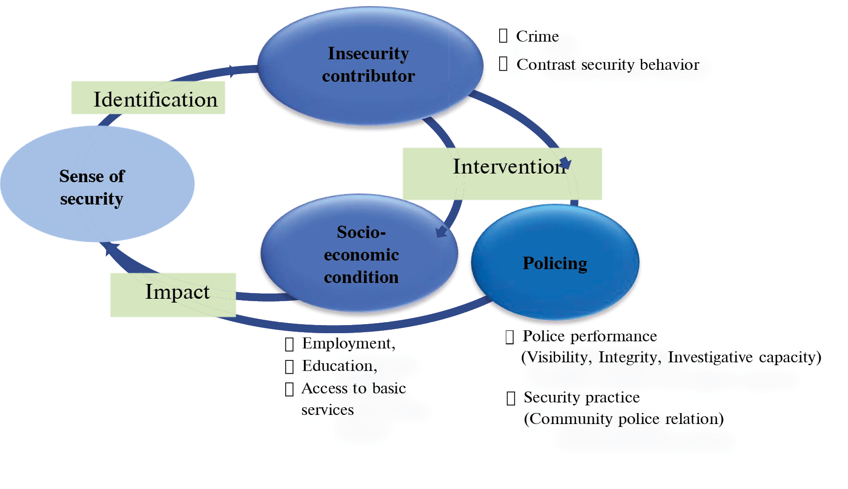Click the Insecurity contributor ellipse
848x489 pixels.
[369, 65]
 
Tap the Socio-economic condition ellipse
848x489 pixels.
[360, 253]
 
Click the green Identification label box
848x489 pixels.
[148, 98]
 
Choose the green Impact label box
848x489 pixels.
[173, 294]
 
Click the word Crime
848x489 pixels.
[537, 36]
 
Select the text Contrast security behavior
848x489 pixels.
[608, 65]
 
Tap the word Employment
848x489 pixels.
[348, 343]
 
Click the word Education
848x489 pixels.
[339, 366]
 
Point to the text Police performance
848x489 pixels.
[590, 336]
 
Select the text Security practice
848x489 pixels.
[581, 397]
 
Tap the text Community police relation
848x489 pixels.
[624, 419]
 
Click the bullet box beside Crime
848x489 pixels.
[503, 35]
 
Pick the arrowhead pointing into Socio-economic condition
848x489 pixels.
[441, 232]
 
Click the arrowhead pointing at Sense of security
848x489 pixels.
[110, 247]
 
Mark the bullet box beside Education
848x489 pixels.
[289, 367]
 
